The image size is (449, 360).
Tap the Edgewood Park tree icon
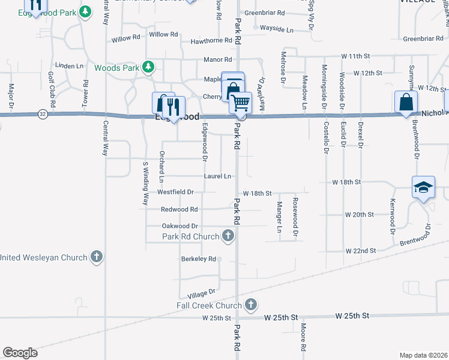point(86,12)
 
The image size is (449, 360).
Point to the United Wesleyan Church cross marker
point(96,257)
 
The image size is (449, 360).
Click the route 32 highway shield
point(41,113)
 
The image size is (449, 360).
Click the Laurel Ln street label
point(217,176)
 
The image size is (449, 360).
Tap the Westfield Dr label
point(175,192)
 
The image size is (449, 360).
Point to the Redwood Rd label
point(179,209)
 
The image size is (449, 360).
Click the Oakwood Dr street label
point(179,226)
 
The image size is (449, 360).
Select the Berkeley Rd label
point(198,259)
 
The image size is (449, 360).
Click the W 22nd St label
point(360,250)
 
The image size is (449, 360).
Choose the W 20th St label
point(359,214)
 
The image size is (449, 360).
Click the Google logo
point(20,353)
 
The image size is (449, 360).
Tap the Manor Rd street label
point(217,60)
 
